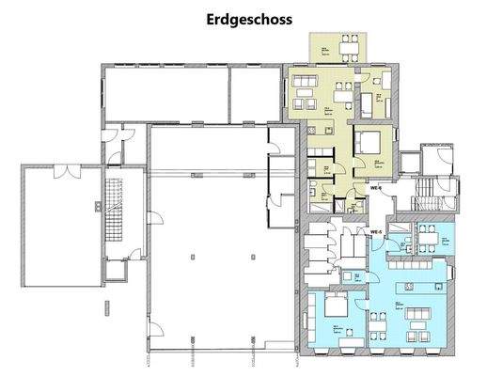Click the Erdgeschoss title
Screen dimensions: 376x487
tap(243, 19)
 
